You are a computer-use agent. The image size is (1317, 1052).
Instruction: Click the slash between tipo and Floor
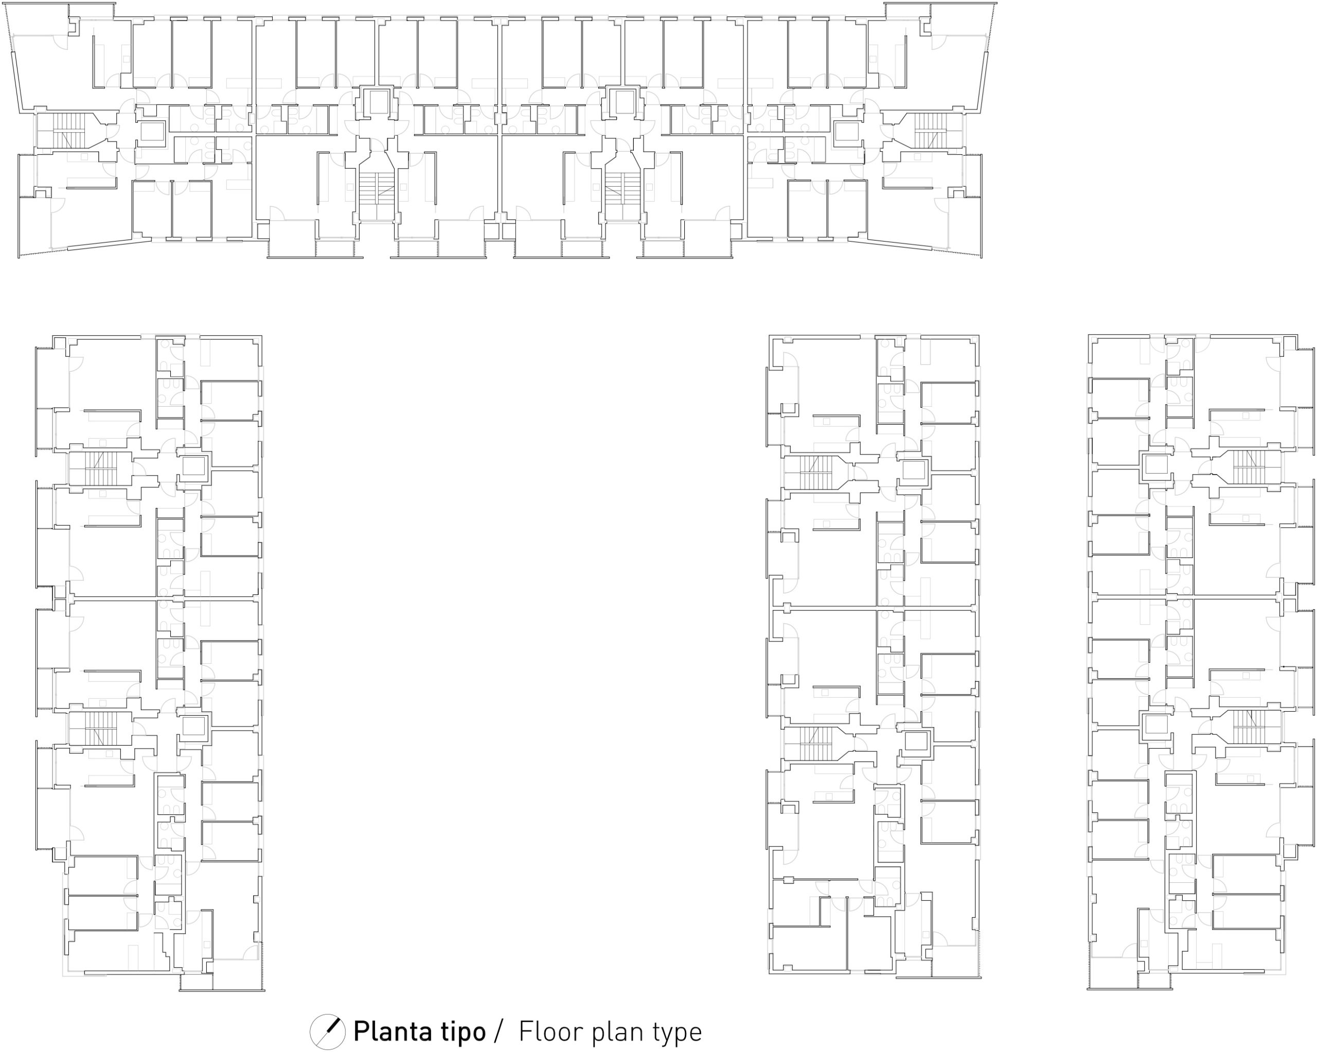tap(499, 1031)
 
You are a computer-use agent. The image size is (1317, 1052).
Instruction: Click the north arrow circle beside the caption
tap(327, 1032)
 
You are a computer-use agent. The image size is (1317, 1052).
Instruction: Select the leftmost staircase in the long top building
tap(69, 131)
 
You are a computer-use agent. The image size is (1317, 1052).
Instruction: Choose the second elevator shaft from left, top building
tap(378, 102)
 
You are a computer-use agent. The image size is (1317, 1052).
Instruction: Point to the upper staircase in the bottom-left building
tap(100, 469)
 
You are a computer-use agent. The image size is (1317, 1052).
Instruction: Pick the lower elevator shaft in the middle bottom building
tap(916, 741)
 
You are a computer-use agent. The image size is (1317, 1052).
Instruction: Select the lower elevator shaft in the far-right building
tap(1156, 725)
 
